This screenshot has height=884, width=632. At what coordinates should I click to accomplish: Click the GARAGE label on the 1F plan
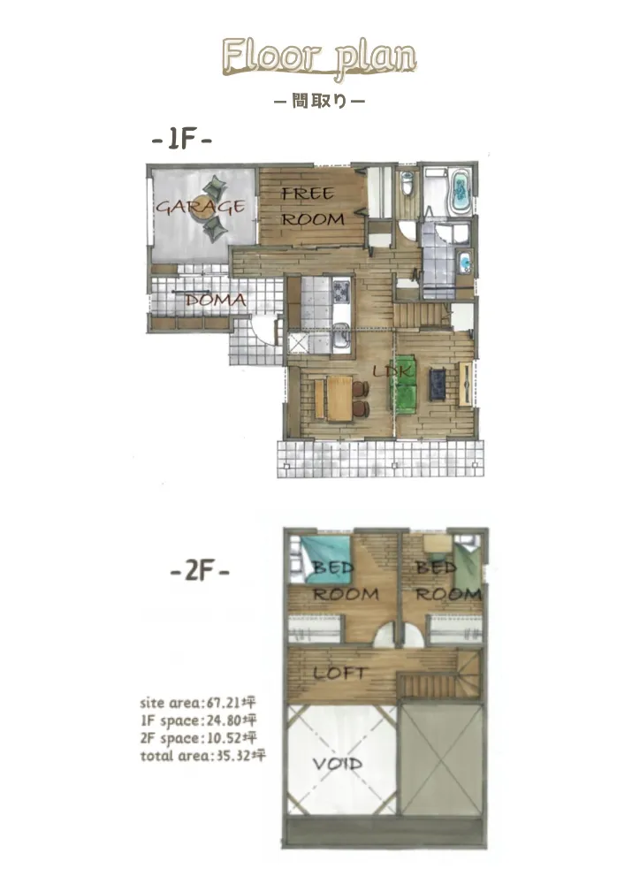point(201,207)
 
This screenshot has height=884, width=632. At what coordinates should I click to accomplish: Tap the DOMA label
point(216,300)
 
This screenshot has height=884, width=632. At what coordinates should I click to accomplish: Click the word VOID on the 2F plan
point(337,764)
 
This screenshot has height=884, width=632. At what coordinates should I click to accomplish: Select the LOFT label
point(339,673)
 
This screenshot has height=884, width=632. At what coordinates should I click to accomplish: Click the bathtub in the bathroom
point(461,191)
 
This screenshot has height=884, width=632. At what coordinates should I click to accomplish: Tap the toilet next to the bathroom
point(407,183)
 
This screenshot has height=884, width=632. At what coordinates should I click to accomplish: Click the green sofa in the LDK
point(403,385)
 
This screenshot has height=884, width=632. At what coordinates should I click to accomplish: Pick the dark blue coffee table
point(438,384)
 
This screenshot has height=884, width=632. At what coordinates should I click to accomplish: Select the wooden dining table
point(339,398)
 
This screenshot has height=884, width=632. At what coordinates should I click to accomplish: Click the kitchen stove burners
point(341,291)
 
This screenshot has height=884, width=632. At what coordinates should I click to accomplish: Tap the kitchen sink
point(340,340)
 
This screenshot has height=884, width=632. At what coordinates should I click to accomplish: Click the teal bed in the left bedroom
point(325,558)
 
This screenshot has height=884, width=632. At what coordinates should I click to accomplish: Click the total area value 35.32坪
point(237,756)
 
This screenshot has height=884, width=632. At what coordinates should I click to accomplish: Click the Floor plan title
point(319,57)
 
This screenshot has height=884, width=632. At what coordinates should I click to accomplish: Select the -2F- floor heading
point(200,572)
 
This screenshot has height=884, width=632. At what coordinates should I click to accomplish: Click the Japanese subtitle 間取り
point(319,101)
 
